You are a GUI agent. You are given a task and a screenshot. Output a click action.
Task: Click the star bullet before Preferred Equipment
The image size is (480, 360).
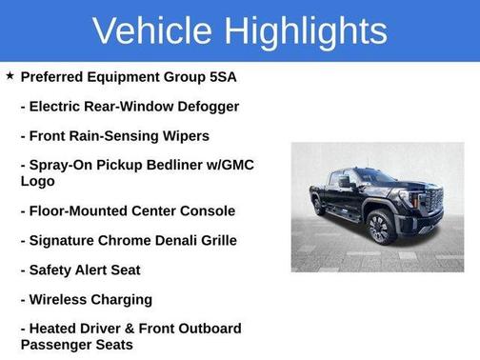click(10, 75)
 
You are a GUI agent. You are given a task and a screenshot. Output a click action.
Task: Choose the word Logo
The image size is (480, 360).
click(39, 180)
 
